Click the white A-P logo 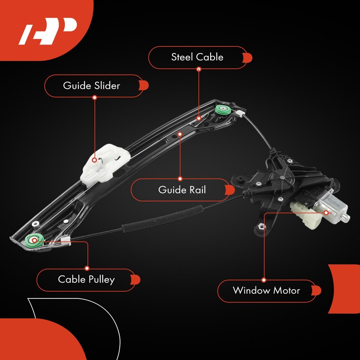tap(47, 32)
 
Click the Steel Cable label tap(197, 57)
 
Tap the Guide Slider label tap(92, 85)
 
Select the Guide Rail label tap(182, 189)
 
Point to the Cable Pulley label tap(86, 279)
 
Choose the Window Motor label tap(266, 290)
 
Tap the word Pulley tap(99, 279)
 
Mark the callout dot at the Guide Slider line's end tap(94, 159)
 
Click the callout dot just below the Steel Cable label tap(198, 70)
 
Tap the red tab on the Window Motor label tap(316, 290)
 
